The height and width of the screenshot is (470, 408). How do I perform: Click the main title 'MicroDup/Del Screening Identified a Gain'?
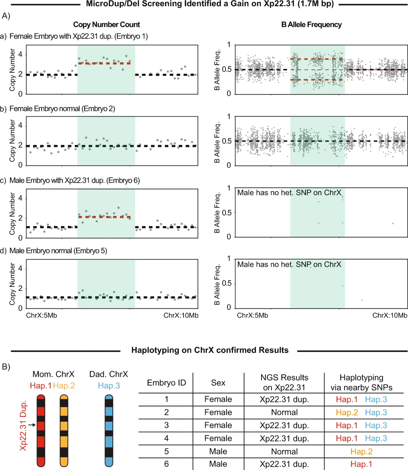tap(210, 4)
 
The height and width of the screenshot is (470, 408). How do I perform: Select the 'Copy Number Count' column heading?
tap(106, 24)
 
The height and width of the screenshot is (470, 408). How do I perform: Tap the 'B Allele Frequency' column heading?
tap(311, 24)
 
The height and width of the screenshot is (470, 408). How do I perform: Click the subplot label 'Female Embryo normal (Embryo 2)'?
tap(62, 109)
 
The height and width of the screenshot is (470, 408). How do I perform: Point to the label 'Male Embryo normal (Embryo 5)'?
tap(58, 251)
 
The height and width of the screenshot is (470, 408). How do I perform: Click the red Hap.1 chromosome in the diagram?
tap(41, 430)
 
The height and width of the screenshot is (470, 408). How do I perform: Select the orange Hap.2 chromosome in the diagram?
tap(64, 430)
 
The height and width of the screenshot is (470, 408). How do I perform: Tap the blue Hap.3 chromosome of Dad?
tap(109, 430)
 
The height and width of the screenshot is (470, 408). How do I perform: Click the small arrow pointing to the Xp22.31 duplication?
tap(32, 425)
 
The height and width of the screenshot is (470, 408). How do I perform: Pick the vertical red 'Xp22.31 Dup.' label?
tap(23, 426)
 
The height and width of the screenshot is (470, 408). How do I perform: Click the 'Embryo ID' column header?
tap(166, 383)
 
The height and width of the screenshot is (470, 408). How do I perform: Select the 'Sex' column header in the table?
tap(218, 383)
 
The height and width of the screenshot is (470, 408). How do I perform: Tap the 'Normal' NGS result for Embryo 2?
tap(284, 413)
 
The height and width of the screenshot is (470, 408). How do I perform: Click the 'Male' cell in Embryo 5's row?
tap(218, 452)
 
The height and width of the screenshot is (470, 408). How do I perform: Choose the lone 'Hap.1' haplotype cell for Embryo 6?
tap(361, 464)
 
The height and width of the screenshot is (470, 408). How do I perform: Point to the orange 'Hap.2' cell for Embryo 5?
tap(361, 452)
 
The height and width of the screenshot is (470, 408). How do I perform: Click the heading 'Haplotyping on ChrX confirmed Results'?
tap(210, 350)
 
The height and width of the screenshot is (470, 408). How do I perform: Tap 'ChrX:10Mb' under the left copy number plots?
tap(181, 316)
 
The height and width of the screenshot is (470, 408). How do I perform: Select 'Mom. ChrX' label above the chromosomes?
tap(53, 374)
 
